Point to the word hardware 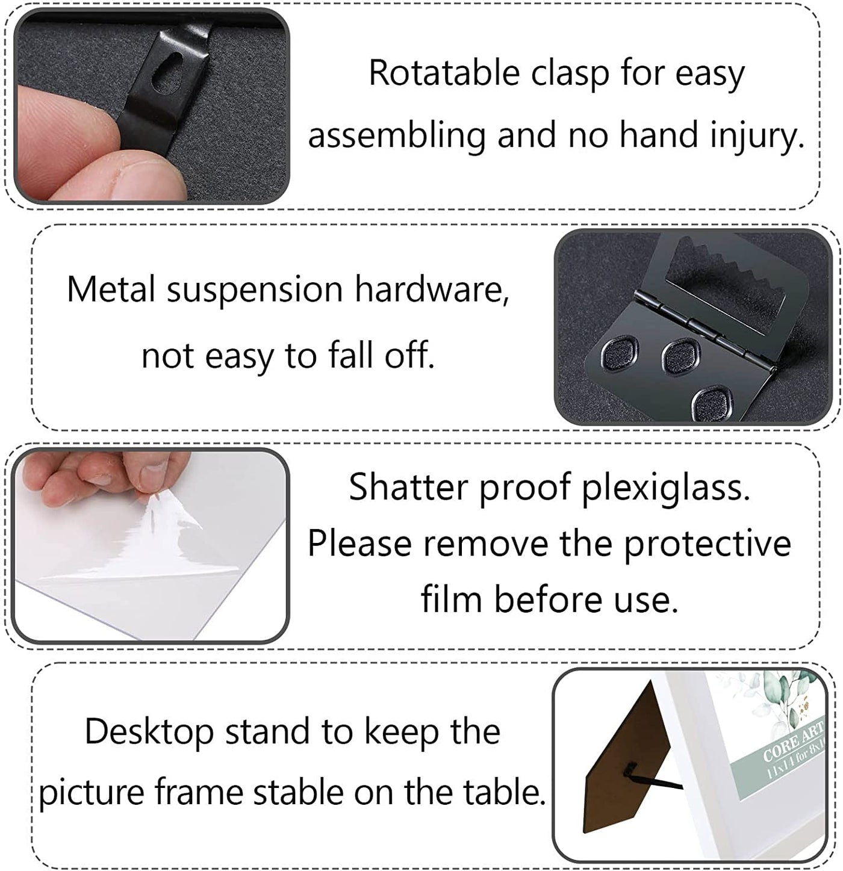432,290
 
